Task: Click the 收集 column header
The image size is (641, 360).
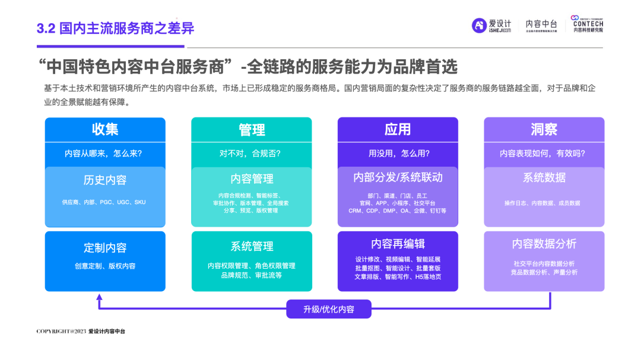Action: [105, 129]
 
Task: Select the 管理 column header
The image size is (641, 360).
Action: [252, 129]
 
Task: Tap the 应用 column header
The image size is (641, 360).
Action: [398, 129]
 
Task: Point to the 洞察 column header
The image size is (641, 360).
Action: [544, 129]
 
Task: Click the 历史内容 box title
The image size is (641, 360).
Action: [105, 180]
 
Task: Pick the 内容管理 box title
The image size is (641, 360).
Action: [252, 179]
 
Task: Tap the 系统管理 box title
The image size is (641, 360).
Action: [252, 246]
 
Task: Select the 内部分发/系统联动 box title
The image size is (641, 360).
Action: [398, 177]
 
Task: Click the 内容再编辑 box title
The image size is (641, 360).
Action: [398, 244]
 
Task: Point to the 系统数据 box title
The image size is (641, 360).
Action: [544, 177]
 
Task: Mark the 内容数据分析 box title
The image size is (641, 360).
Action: [544, 244]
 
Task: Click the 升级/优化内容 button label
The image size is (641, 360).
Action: [329, 309]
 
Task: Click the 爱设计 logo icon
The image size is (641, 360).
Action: [479, 26]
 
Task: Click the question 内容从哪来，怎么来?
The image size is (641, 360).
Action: [105, 154]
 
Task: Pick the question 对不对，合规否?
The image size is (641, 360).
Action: [252, 154]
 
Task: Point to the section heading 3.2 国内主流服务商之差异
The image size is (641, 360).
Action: [115, 28]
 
